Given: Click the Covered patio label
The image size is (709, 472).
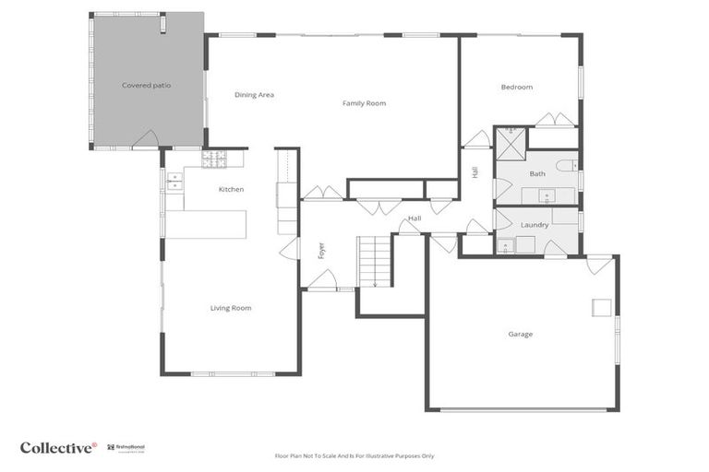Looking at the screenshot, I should pyautogui.click(x=146, y=86).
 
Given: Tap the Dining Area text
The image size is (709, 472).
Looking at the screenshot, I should pyautogui.click(x=254, y=95).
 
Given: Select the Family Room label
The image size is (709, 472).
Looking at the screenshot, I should pyautogui.click(x=364, y=103).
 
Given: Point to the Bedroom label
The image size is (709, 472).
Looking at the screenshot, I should pyautogui.click(x=516, y=88).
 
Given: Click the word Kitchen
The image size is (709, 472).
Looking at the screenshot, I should pyautogui.click(x=231, y=190).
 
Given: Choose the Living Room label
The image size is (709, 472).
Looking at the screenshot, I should pyautogui.click(x=230, y=308).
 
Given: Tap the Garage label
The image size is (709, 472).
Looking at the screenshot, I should pyautogui.click(x=520, y=334).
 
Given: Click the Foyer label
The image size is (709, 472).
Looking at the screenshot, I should pyautogui.click(x=321, y=251).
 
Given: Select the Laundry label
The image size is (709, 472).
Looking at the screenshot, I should pyautogui.click(x=535, y=225).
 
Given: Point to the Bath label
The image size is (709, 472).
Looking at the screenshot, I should pyautogui.click(x=537, y=173).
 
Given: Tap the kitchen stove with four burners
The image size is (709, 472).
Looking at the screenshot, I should pyautogui.click(x=214, y=159).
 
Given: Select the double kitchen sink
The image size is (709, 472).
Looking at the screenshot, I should pyautogui.click(x=174, y=182).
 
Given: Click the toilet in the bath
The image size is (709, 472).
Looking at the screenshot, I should pyautogui.click(x=567, y=166).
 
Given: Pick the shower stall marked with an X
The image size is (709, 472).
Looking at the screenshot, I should pyautogui.click(x=510, y=144).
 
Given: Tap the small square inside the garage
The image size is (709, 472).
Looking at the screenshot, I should pyautogui.click(x=600, y=307).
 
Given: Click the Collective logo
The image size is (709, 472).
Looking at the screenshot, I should pyautogui.click(x=57, y=448).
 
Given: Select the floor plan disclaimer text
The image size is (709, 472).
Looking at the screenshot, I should pyautogui.click(x=354, y=455).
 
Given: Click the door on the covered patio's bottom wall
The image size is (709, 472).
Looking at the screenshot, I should pyautogui.click(x=145, y=140).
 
